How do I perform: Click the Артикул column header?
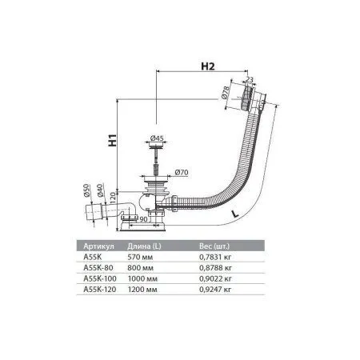(x=98, y=247)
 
